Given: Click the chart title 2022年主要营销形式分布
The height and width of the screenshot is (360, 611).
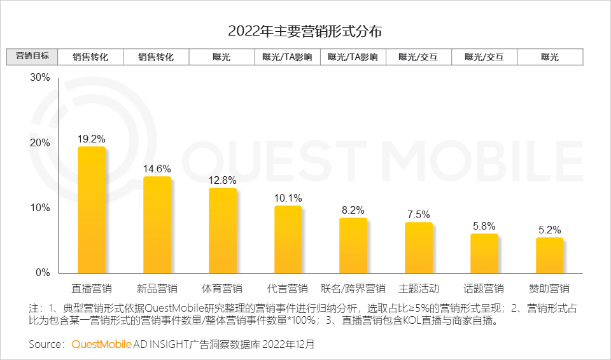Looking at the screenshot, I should [x=305, y=31].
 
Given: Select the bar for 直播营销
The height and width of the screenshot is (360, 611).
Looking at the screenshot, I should [x=91, y=209].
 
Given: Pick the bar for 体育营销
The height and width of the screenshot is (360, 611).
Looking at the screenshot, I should [x=222, y=230].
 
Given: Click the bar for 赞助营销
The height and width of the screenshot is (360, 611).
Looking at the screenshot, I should [x=549, y=255].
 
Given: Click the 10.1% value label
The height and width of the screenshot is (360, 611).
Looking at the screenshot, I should [x=288, y=198].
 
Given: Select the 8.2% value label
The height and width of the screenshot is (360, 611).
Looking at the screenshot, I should [x=353, y=210].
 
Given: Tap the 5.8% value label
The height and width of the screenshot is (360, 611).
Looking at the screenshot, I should [x=484, y=226].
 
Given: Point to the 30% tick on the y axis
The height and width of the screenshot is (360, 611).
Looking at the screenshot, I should [x=40, y=78].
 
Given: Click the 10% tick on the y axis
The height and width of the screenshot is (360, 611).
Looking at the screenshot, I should [x=40, y=208].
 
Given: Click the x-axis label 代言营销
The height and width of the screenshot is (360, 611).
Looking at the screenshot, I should [x=288, y=288].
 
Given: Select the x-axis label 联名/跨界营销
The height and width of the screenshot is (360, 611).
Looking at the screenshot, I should [x=353, y=288].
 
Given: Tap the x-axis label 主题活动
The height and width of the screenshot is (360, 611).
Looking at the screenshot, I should [x=419, y=288].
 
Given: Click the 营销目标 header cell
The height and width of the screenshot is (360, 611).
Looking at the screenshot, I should [x=32, y=56].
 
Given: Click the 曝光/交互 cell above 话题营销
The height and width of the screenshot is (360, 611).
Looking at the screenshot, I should [x=484, y=57].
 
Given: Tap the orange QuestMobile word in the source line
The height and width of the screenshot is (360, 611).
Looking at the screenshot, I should [x=101, y=344].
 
